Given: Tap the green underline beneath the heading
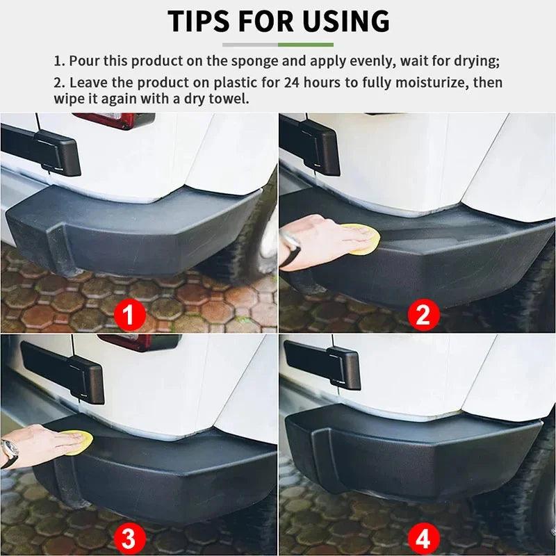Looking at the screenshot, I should pos(278,44).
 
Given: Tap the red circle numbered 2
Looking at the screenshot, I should pos(423,316).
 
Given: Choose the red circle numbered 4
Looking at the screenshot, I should pos(423,537).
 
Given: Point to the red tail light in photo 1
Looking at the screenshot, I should pos(115,120).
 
